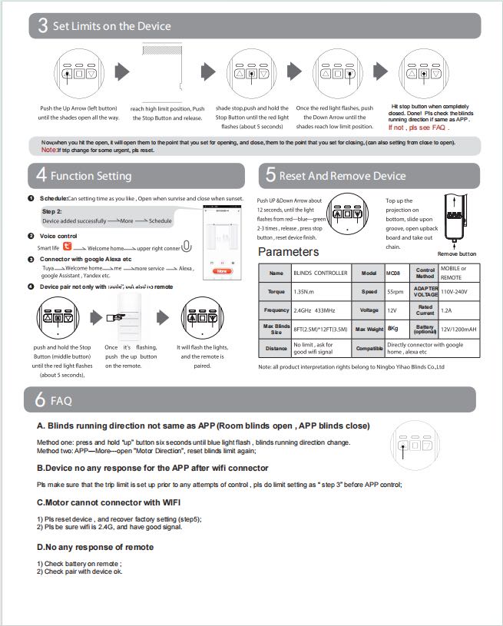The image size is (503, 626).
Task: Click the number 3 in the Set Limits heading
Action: tap(42, 27)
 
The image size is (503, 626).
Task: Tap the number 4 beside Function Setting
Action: tap(41, 176)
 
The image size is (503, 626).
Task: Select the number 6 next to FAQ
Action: tap(41, 400)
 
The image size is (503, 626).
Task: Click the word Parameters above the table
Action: tap(288, 252)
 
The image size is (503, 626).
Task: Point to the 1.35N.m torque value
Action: tap(306, 293)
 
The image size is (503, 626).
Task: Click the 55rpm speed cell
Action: tap(395, 293)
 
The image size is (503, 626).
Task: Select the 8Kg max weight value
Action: tap(392, 329)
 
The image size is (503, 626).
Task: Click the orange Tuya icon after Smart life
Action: tap(67, 247)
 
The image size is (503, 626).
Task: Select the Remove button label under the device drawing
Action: tap(457, 253)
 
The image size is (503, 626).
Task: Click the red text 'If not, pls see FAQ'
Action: tap(419, 128)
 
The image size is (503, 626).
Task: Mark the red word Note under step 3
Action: tap(48, 150)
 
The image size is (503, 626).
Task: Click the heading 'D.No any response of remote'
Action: tap(96, 547)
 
